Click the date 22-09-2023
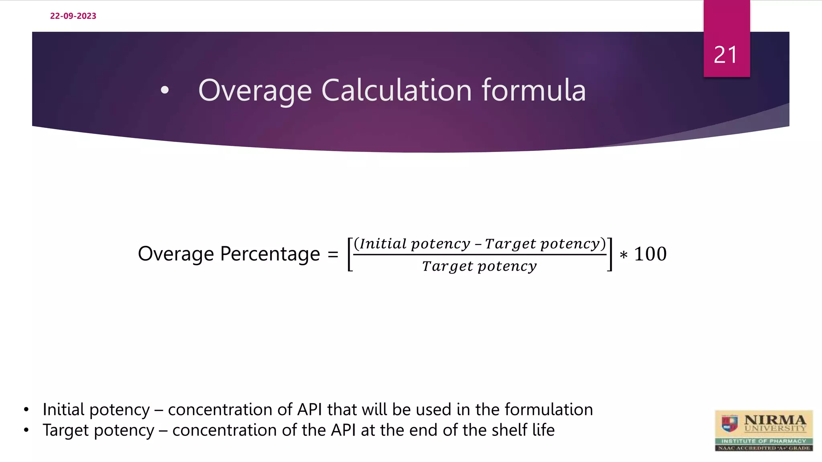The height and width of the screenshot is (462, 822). [x=73, y=16]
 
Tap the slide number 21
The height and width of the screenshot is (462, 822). [x=726, y=55]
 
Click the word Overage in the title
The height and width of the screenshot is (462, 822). [x=255, y=91]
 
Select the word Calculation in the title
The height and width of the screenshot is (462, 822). [x=397, y=90]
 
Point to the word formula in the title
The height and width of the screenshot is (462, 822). [x=534, y=90]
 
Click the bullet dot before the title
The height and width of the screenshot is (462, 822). [x=165, y=91]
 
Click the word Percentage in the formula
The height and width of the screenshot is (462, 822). [x=270, y=254]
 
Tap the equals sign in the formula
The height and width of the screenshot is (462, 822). [x=333, y=254]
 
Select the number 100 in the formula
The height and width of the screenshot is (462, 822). [x=650, y=254]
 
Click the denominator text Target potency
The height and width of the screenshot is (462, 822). [x=479, y=266]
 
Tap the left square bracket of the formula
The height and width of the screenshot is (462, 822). [x=350, y=254]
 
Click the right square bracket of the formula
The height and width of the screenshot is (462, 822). [x=610, y=254]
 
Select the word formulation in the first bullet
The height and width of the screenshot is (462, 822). [x=548, y=409]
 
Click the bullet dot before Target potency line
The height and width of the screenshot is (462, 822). [x=26, y=430]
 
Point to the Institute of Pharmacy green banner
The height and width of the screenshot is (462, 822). [x=764, y=441]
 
